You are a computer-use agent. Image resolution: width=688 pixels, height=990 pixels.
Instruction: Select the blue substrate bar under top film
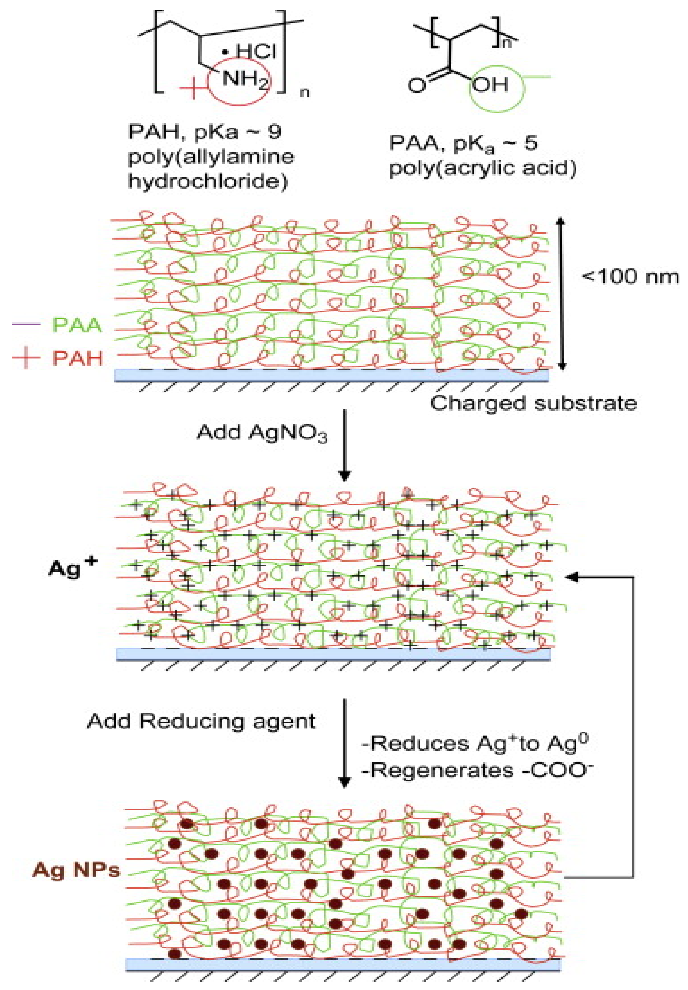pyautogui.click(x=332, y=375)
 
